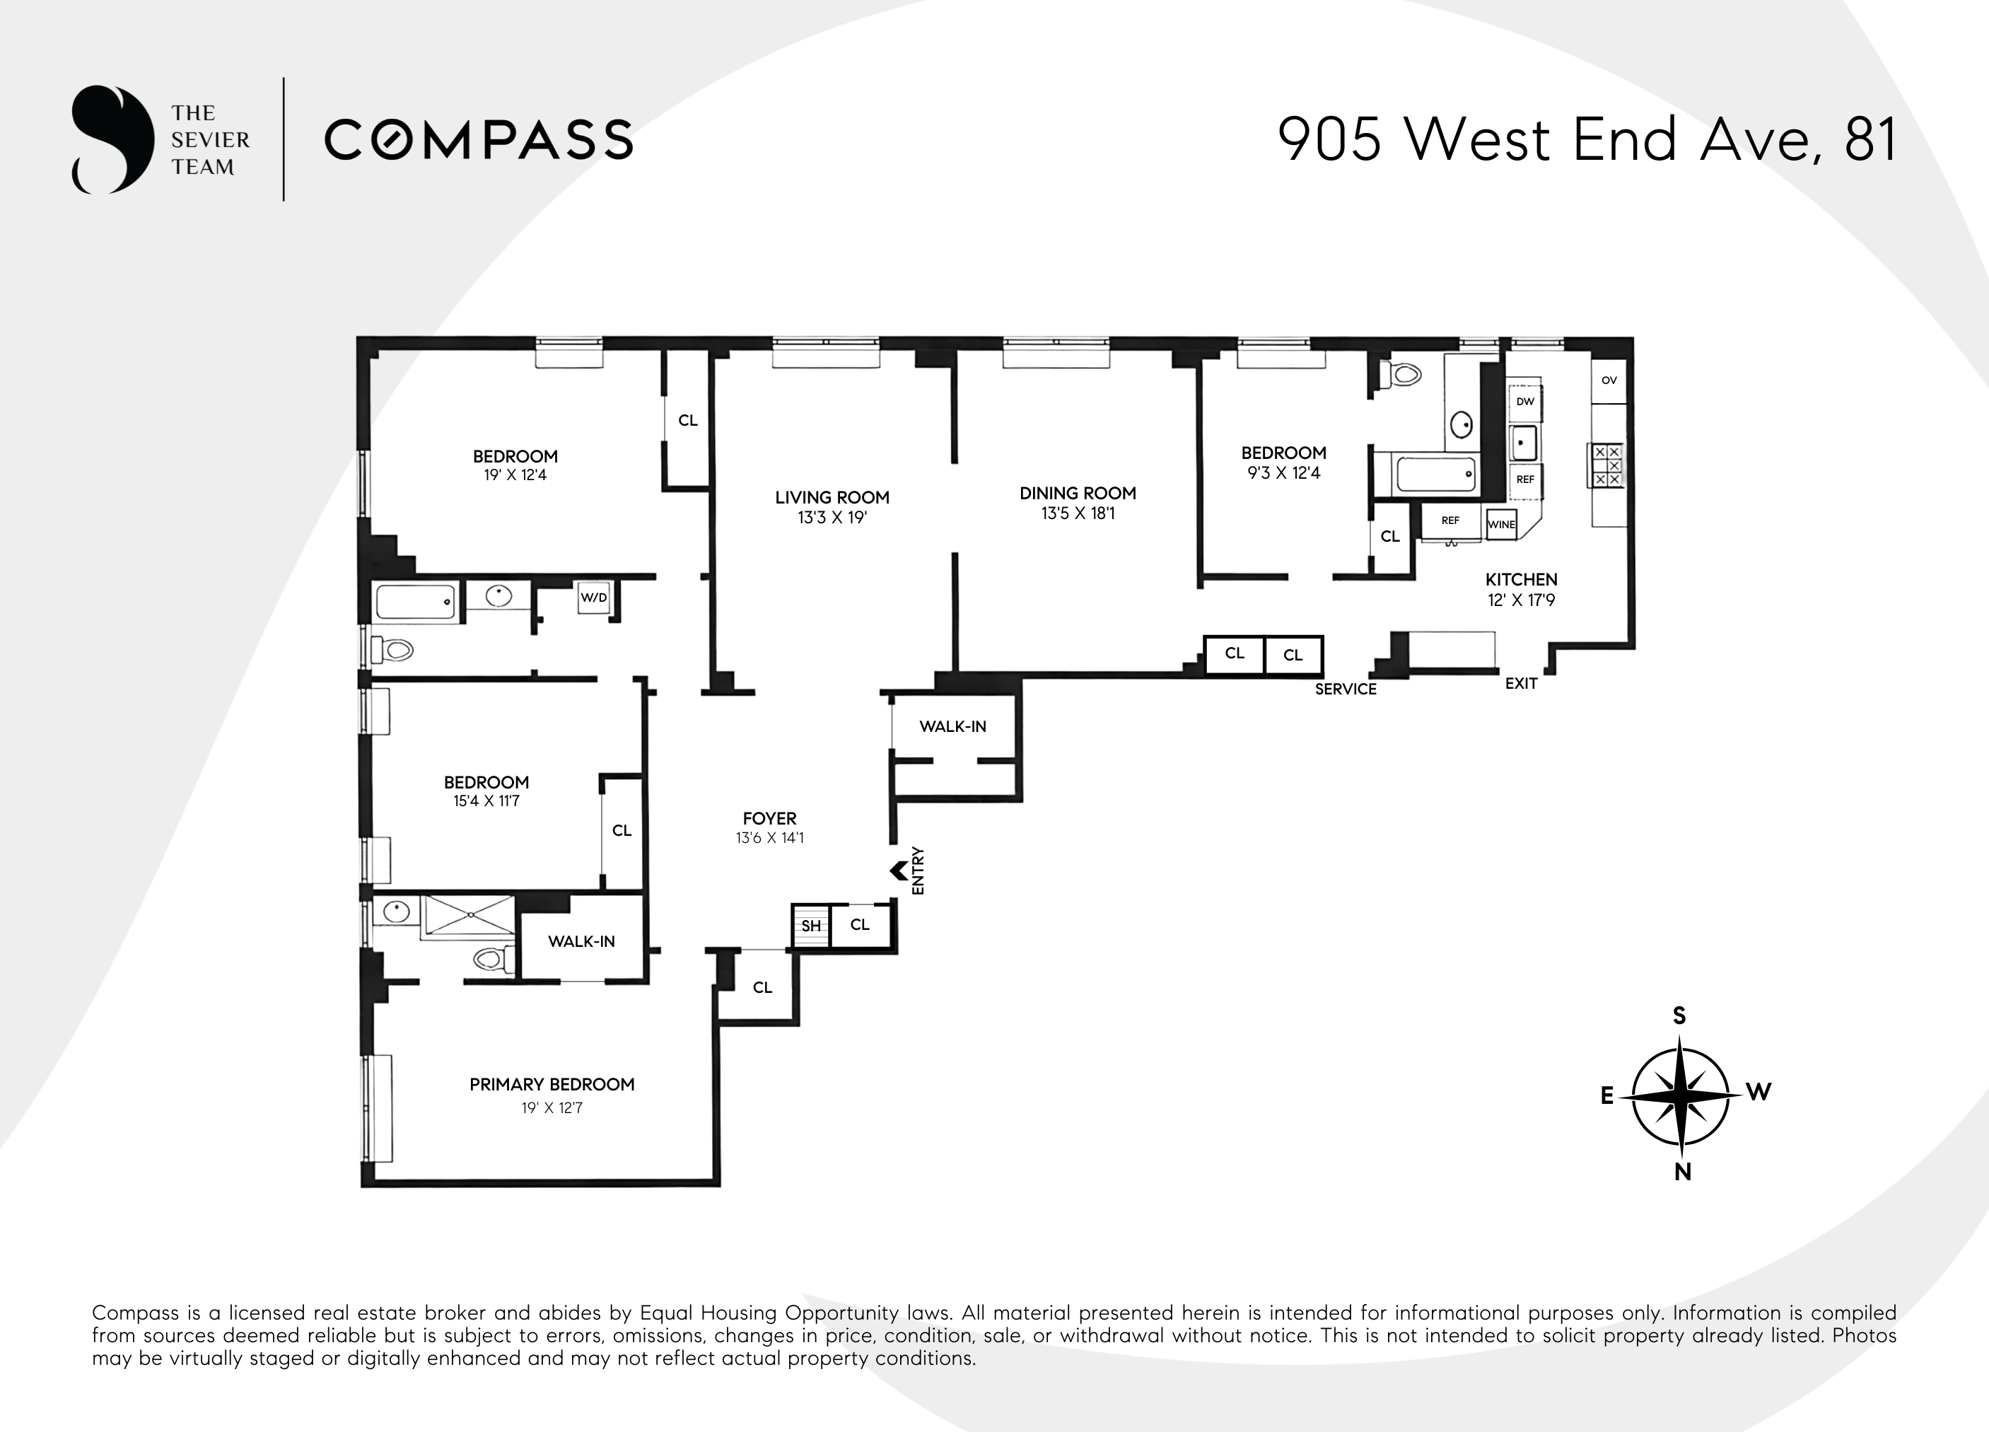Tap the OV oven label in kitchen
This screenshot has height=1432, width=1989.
coord(1609,380)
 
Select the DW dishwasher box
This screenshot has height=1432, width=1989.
coord(1525,402)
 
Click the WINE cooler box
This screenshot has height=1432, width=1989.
coord(1500,525)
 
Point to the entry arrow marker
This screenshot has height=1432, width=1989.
coord(898,871)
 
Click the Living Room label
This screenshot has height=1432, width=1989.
coord(832,497)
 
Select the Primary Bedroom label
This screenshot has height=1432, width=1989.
coord(552,1085)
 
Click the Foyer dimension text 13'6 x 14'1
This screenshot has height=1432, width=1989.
coord(769,838)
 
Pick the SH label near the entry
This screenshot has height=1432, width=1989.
coord(810,926)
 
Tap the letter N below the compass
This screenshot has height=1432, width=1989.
coord(1682,1172)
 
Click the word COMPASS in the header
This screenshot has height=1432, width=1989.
coord(479,140)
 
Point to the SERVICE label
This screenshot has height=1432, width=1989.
coord(1346,689)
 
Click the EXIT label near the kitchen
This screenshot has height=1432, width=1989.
coord(1521,684)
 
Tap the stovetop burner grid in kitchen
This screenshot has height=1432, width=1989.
coord(1606,465)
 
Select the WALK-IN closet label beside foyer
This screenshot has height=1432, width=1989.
coord(952,726)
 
